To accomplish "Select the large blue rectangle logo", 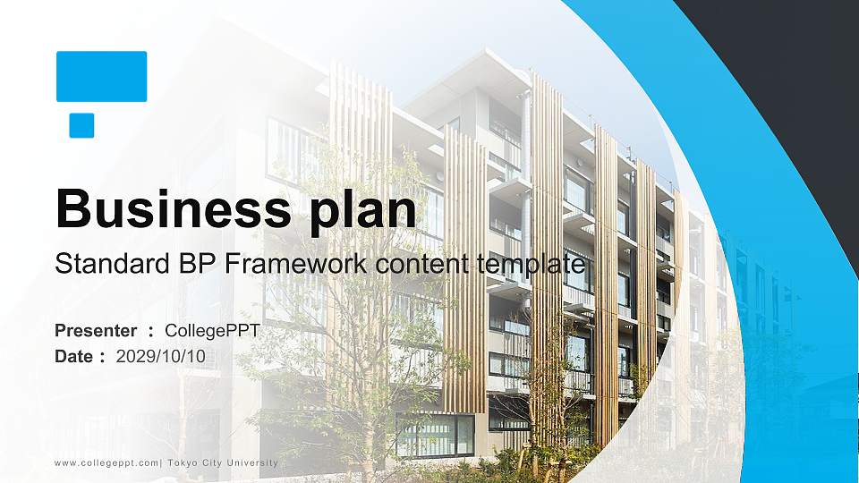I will [x=101, y=76].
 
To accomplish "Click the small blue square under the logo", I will [x=81, y=125].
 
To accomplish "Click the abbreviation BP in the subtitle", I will [x=197, y=265].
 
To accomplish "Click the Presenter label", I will [x=96, y=331].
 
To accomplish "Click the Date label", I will [x=74, y=356].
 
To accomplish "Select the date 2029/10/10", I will [x=161, y=356].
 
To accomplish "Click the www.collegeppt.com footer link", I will [x=106, y=462].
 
